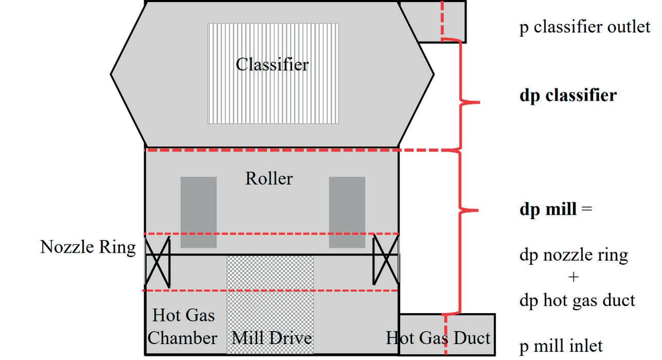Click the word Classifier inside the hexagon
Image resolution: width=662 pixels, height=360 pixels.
tap(272, 65)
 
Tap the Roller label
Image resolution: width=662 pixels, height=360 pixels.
tap(269, 179)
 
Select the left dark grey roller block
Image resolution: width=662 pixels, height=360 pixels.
tap(198, 212)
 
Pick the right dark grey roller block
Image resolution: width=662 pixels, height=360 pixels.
tap(347, 212)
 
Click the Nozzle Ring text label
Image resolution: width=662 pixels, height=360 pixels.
tap(88, 248)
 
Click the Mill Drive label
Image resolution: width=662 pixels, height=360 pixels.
tap(272, 338)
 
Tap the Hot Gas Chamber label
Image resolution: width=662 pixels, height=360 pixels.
tap(183, 327)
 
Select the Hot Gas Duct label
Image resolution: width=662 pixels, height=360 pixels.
tap(438, 338)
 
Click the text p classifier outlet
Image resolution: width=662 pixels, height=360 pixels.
tap(584, 27)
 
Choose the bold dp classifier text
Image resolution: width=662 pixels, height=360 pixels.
tap(568, 96)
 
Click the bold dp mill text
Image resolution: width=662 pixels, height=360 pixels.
tap(547, 209)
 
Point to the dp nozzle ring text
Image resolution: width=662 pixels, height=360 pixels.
tap(573, 255)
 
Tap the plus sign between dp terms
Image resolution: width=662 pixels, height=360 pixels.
tap(573, 277)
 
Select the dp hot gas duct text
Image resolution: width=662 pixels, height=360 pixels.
tap(577, 300)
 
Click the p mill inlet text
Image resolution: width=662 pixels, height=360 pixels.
tap(561, 346)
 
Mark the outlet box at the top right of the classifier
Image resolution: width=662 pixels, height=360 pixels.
tap(432, 22)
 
